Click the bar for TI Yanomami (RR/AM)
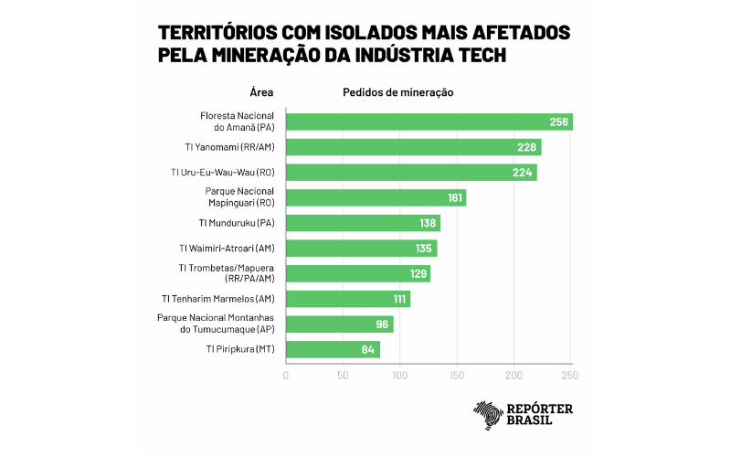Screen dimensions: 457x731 pyautogui.click(x=413, y=147)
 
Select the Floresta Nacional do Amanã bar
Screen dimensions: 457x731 pyautogui.click(x=429, y=122)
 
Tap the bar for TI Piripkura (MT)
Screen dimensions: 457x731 pyautogui.click(x=333, y=349)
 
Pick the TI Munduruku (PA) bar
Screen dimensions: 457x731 pyautogui.click(x=363, y=223)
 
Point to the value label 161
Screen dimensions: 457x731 pyautogui.click(x=453, y=197)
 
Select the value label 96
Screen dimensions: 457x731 pyautogui.click(x=382, y=324)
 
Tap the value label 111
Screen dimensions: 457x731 pyautogui.click(x=397, y=299)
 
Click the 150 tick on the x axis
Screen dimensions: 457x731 pyautogui.click(x=457, y=376)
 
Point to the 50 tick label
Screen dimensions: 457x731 pyautogui.click(x=343, y=376)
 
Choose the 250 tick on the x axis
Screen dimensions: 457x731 pyautogui.click(x=570, y=376)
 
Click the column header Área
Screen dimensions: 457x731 pyautogui.click(x=261, y=92)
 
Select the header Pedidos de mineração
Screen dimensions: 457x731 pyautogui.click(x=398, y=92)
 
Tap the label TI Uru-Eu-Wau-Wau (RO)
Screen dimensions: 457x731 pyautogui.click(x=222, y=173)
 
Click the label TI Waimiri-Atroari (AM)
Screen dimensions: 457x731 pyautogui.click(x=227, y=248)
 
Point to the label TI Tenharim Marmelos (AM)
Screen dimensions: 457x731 pyautogui.click(x=218, y=299)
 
